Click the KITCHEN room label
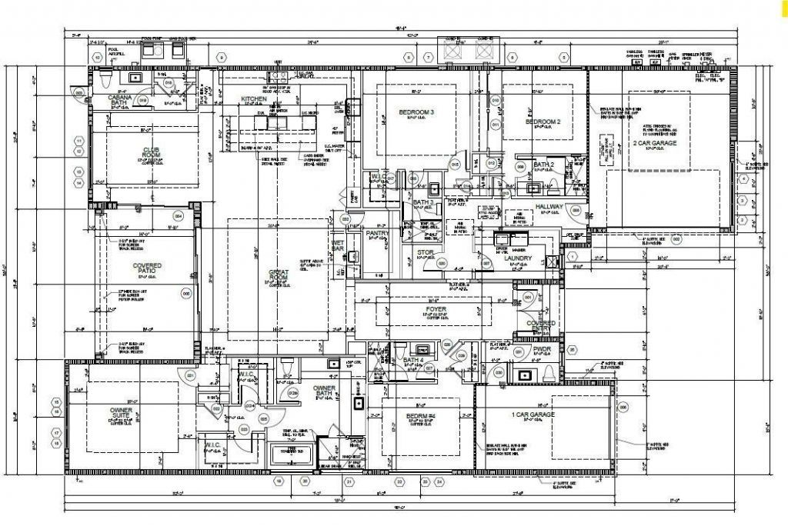[x=254, y=100]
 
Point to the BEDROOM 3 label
[x=416, y=113]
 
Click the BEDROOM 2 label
[x=543, y=122]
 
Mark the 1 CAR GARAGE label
[x=533, y=414]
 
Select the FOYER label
[x=436, y=309]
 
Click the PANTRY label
[x=377, y=233]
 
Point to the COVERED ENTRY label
[x=540, y=326]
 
